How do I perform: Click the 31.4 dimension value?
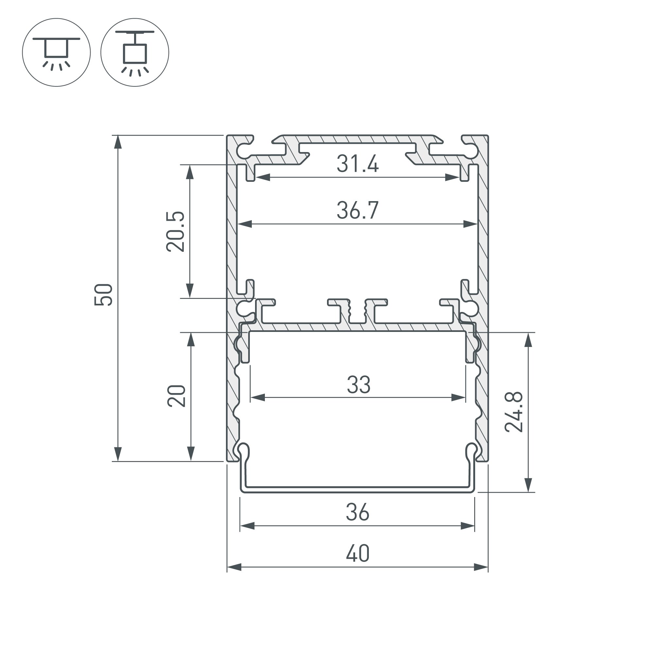coord(357,164)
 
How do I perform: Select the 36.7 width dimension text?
coord(357,210)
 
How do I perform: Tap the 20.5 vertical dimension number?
coord(176,232)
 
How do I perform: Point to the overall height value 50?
coord(103,295)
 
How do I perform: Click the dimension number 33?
coord(358,385)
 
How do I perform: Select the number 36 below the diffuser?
coord(357,512)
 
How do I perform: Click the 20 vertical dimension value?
coord(177,396)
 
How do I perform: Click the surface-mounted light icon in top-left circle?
coord(57,52)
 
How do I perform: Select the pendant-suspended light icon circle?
coord(135,52)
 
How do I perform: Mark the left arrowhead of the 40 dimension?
coord(234,567)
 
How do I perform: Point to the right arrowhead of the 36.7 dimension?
coord(471,224)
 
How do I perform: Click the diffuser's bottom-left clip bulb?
coord(244,450)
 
